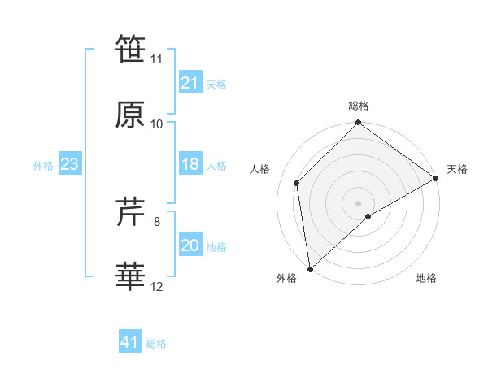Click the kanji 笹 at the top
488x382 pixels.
tap(131, 50)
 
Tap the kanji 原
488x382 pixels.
tap(131, 115)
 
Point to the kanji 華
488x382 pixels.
tap(131, 276)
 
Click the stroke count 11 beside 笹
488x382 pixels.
tap(157, 59)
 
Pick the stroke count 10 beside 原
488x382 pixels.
tap(157, 124)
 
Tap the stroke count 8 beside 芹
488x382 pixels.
tap(157, 221)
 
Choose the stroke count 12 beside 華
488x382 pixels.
tap(157, 286)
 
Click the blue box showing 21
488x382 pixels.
tap(190, 83)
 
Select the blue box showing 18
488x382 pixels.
tap(190, 164)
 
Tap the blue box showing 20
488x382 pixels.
tap(190, 245)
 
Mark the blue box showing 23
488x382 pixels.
tap(69, 164)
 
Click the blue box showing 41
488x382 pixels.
tap(130, 342)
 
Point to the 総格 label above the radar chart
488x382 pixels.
tap(359, 106)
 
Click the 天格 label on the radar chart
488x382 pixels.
tap(457, 169)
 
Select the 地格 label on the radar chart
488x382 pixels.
tap(426, 279)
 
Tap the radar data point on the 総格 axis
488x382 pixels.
tap(359, 124)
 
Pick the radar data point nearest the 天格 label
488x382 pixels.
tap(436, 178)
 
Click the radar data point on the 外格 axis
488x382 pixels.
tap(310, 269)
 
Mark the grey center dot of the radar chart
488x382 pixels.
tap(359, 202)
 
